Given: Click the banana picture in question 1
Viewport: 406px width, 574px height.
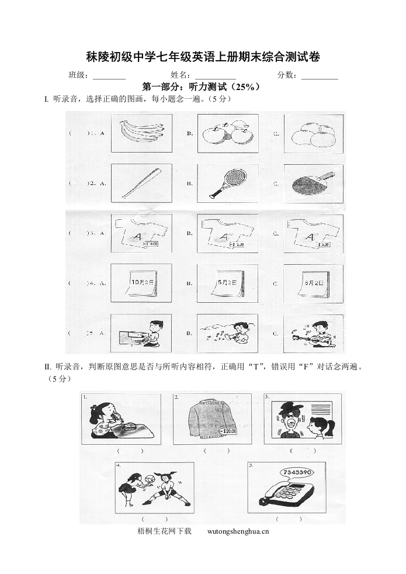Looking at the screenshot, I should [141, 133].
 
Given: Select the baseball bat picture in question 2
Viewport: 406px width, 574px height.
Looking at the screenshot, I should [141, 183].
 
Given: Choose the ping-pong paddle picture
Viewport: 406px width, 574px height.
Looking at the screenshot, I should [313, 183].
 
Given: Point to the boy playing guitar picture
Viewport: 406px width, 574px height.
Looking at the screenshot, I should [313, 334].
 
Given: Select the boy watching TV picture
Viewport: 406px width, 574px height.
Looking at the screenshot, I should [141, 334].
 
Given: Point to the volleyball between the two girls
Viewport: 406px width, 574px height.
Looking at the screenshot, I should [149, 478].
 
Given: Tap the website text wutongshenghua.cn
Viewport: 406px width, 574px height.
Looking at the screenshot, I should [238, 531].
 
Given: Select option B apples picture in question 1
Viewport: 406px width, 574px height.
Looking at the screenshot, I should [228, 134].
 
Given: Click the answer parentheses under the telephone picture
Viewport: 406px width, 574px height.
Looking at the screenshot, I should [289, 519].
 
